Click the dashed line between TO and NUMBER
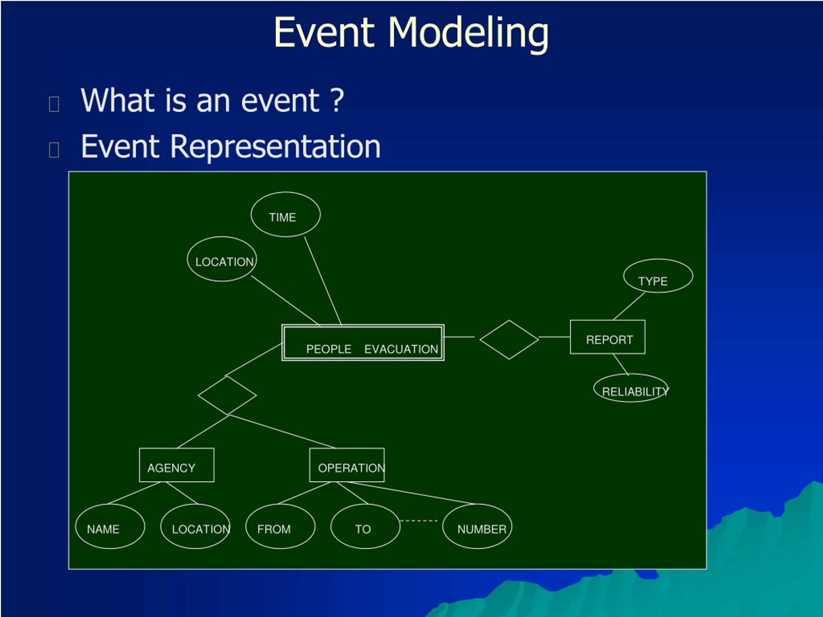tap(419, 521)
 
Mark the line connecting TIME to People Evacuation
tap(322, 281)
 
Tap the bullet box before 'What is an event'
tap(54, 104)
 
